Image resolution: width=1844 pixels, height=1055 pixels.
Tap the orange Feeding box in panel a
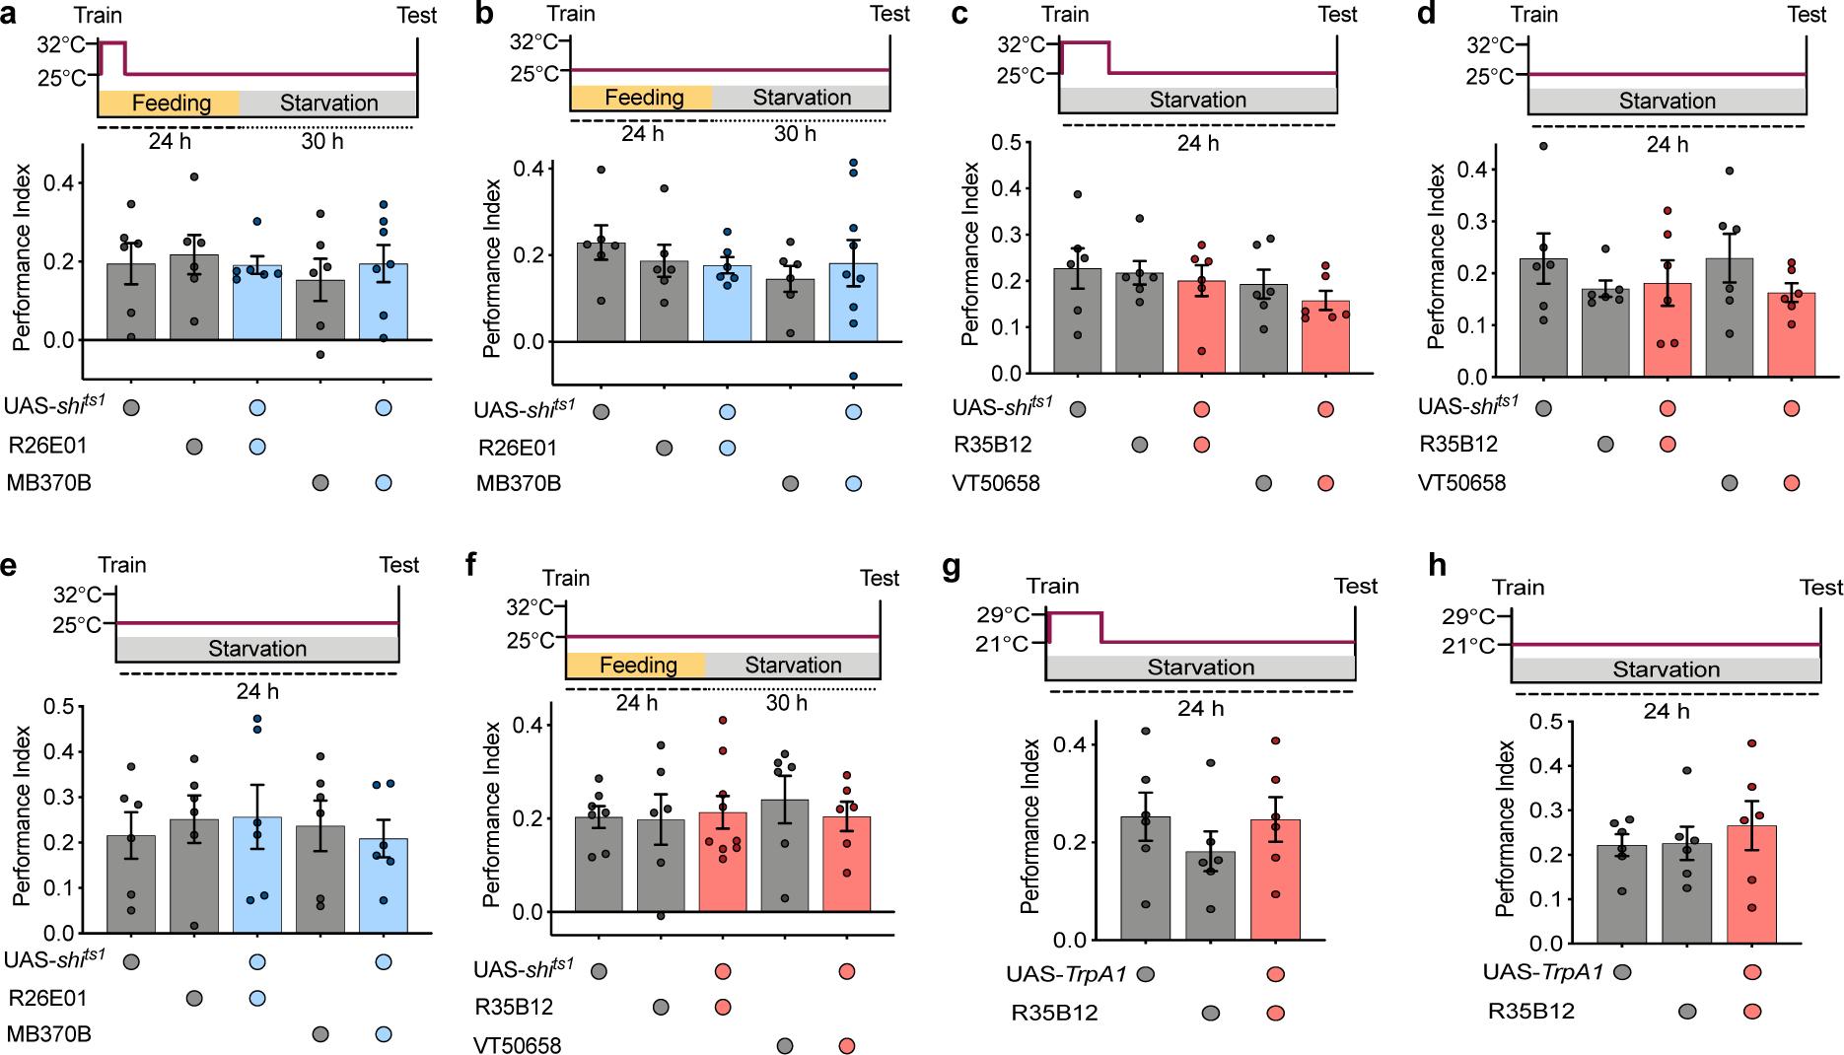[170, 103]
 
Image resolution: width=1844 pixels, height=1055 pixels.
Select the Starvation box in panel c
[1198, 100]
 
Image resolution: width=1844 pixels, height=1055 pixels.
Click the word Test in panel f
[880, 578]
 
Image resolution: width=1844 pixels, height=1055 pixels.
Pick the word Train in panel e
[122, 565]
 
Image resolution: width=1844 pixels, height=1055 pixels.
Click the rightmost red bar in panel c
[1325, 336]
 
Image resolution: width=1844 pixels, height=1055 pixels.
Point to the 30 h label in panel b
[795, 133]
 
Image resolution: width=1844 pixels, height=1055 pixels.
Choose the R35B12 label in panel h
[1531, 1011]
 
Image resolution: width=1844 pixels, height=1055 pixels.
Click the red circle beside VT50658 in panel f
[847, 1045]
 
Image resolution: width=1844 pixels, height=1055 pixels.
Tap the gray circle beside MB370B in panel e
[320, 1034]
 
